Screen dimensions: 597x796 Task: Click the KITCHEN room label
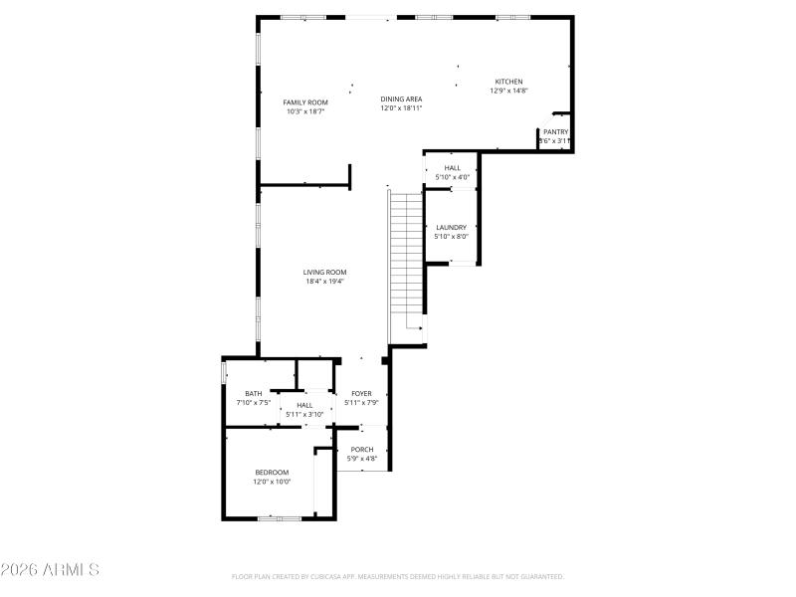coord(509,82)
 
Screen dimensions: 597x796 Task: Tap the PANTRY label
coord(555,131)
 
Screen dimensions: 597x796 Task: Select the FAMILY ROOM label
coord(305,102)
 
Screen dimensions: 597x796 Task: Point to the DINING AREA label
coord(401,99)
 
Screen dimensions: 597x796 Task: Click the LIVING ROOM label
coord(324,272)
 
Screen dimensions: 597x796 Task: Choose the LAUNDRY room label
coord(451,228)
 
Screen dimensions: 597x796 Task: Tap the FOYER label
coord(360,394)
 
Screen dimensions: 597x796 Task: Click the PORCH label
coord(361,450)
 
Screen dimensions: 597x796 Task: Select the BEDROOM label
coord(272,473)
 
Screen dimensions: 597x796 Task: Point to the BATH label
coord(254,394)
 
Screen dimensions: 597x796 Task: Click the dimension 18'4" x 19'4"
coord(324,282)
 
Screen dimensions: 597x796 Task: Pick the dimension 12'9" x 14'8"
coord(508,91)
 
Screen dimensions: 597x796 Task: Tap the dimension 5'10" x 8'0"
coord(451,237)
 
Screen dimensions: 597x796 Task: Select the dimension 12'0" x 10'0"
coord(272,482)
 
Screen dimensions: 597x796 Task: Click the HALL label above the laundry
coord(453,168)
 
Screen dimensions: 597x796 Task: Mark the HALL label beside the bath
coord(304,405)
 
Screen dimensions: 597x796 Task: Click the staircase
coord(406,254)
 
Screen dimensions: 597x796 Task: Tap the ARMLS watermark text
coord(50,570)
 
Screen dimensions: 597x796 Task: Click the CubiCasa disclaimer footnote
coord(398,576)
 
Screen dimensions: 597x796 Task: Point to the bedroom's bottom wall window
coord(279,517)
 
